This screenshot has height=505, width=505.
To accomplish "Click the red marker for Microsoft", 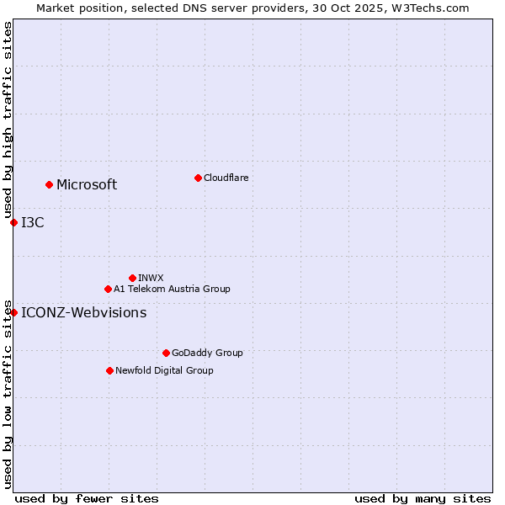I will point(49,184).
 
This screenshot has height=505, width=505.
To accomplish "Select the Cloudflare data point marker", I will point(198,178).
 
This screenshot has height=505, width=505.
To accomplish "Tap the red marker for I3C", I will point(13,222).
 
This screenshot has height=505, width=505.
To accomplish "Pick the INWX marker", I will point(132,278).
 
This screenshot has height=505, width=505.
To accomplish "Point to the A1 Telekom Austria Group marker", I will point(108,289).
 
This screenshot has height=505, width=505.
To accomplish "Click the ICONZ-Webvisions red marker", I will point(13,312).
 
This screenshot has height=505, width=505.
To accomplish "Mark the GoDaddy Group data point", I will point(166,353).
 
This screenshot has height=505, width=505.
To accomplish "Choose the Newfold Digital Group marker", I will point(109,370).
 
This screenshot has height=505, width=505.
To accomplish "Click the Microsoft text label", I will point(87,185).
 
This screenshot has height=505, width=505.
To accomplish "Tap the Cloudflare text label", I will point(226,178).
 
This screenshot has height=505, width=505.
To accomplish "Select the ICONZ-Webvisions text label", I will point(83,313).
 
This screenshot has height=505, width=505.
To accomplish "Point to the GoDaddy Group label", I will point(207,353).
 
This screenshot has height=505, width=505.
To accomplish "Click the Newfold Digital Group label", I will point(164,371).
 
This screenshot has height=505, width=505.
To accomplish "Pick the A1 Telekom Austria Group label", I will point(172,290).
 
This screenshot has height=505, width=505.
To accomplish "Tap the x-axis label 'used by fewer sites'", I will point(87,498).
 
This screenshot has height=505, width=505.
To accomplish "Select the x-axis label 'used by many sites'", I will point(423,498).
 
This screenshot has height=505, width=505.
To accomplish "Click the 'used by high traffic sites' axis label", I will point(8,120).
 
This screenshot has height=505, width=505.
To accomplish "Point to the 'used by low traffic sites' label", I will point(8,394).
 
